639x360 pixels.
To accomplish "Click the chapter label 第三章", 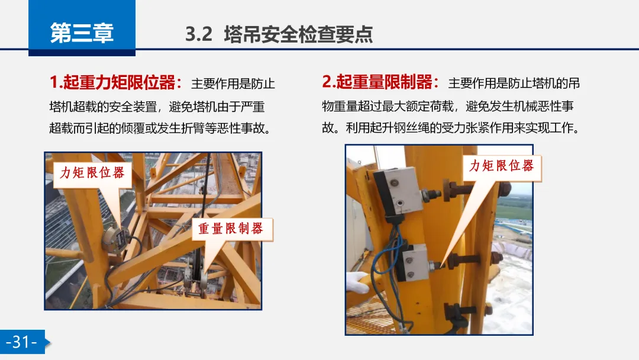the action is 82,33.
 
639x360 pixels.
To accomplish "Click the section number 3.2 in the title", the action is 199,34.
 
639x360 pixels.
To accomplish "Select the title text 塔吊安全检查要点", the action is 298,34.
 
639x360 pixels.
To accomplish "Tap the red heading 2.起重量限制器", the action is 380,82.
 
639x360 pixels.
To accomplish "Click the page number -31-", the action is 22,342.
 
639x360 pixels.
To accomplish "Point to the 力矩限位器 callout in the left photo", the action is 92,173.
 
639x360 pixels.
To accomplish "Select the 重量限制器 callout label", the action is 231,229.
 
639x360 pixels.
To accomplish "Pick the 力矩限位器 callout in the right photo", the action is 502,166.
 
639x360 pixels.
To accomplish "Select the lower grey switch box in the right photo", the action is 414,262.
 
